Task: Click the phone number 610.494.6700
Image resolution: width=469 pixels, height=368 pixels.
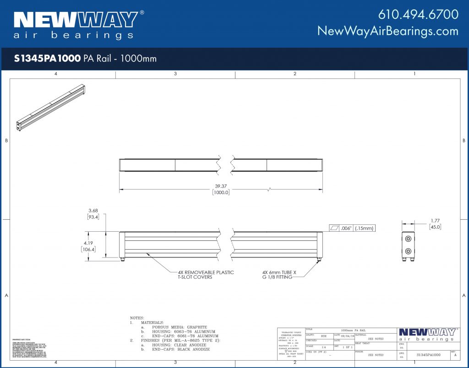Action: tap(418, 14)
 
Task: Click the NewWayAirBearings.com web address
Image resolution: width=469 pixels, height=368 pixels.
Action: tap(387, 31)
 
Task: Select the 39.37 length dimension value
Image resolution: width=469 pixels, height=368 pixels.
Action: tap(220, 186)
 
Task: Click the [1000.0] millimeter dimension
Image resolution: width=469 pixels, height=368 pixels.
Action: tap(220, 193)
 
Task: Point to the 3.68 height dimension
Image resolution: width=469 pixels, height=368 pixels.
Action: tap(93, 211)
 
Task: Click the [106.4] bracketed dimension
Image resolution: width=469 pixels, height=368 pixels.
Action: tap(87, 250)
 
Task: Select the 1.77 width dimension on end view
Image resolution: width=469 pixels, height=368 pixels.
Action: tap(435, 221)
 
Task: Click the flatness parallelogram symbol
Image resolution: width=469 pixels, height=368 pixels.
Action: tap(333, 228)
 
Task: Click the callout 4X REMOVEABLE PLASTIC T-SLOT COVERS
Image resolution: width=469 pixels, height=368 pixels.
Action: tap(206, 274)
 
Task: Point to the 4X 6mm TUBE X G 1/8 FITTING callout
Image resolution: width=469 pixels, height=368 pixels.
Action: tap(279, 274)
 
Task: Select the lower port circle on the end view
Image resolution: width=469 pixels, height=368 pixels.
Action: tap(408, 251)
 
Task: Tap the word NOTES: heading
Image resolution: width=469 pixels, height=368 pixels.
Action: tap(136, 318)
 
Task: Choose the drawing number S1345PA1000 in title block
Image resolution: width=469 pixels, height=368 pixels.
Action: tap(428, 355)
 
